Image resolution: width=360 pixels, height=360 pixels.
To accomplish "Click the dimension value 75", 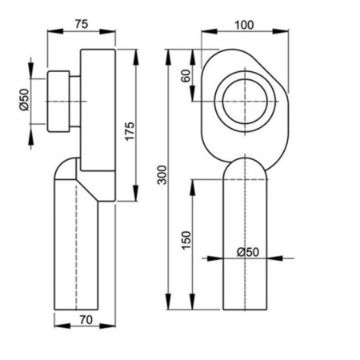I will tap(81, 24).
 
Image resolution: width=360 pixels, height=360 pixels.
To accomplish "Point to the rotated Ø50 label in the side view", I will tap(24, 99).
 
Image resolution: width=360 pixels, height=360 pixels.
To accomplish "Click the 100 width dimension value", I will tap(245, 24).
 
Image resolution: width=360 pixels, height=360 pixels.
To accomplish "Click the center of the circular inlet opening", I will tap(245, 101).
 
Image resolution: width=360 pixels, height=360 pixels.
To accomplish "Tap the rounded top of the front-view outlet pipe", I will tap(246, 164).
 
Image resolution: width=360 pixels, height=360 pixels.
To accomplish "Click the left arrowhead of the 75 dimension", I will tap(52, 33).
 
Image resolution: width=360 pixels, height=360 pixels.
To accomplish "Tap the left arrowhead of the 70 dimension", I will tap(57, 328).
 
